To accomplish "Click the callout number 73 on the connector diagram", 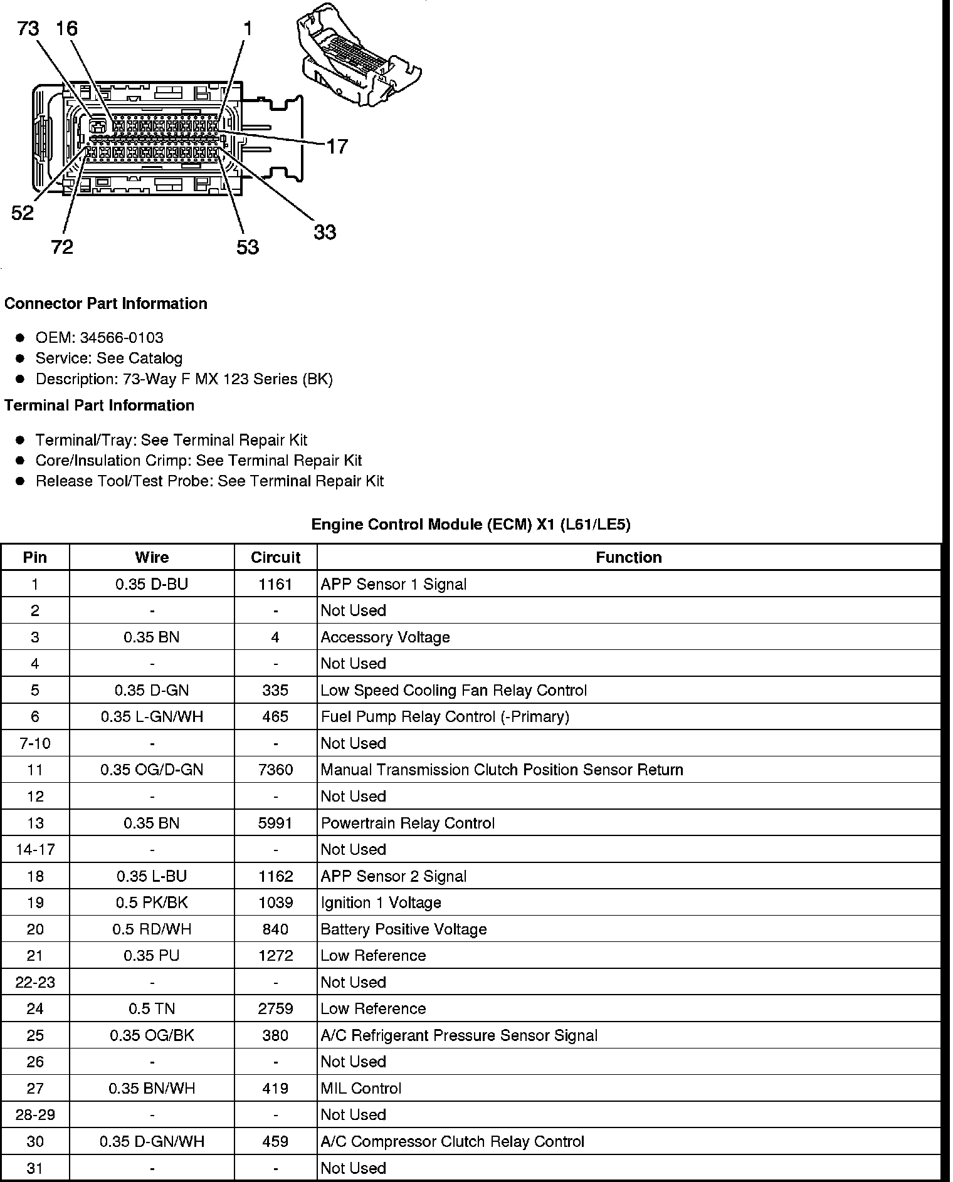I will [28, 29].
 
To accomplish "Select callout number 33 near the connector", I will [325, 233].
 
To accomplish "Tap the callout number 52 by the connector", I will [23, 213].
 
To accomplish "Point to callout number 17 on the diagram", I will [337, 147].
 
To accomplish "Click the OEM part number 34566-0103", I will [122, 338].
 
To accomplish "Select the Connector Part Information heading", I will [106, 303].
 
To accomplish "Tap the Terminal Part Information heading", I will [99, 405].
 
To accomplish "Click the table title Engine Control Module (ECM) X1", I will [471, 525].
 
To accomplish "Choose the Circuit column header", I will [275, 557].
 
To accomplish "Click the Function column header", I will [629, 557].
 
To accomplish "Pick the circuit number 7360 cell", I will [275, 770].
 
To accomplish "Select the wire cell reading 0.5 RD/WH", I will [152, 929].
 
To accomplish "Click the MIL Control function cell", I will [361, 1088].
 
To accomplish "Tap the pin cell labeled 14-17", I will [35, 849].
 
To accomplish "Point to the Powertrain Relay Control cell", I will [408, 823].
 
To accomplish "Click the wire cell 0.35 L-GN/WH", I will [152, 716].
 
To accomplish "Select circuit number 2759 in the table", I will [275, 1008].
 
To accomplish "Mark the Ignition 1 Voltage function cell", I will [381, 902].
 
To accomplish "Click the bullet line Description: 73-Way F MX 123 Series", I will [184, 379].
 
